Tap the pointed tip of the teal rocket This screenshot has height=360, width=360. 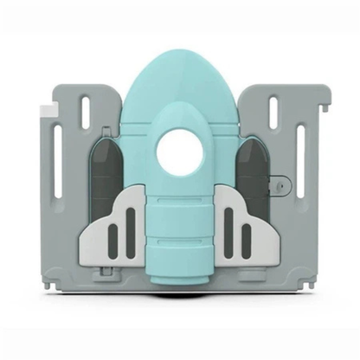pyautogui.click(x=179, y=54)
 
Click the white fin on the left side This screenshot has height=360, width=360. pyautogui.click(x=112, y=227)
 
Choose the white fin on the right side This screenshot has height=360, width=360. pyautogui.click(x=246, y=227)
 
